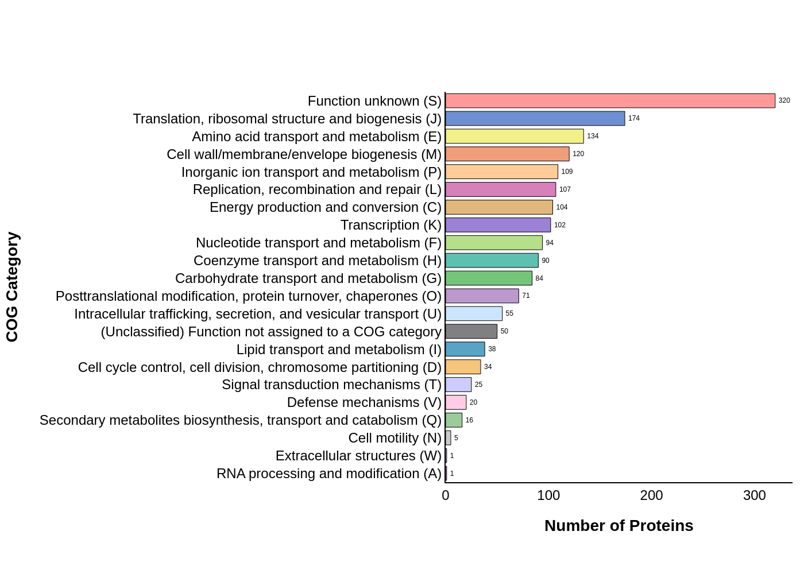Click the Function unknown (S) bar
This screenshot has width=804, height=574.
(610, 101)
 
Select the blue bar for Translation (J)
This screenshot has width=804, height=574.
(535, 119)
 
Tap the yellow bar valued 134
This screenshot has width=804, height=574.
(514, 137)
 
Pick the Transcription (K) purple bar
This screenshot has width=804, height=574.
(498, 225)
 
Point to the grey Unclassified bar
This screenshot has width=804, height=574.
(471, 331)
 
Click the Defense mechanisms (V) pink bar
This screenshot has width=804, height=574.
(455, 402)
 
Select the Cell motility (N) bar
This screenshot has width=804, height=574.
(448, 438)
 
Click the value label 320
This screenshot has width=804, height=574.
(784, 101)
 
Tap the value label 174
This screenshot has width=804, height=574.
(633, 119)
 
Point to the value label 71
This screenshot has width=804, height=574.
(526, 296)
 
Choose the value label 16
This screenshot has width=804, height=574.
(469, 420)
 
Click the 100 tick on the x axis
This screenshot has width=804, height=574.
(548, 495)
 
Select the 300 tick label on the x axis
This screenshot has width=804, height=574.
(754, 495)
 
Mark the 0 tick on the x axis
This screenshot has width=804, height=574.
(446, 495)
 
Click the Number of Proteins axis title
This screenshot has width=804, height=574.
(619, 526)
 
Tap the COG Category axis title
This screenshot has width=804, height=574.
(13, 287)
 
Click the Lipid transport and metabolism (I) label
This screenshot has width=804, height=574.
(339, 350)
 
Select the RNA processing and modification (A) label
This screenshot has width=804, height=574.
(328, 474)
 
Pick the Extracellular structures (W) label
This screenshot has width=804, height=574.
(358, 456)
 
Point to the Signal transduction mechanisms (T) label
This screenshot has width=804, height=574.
(331, 385)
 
